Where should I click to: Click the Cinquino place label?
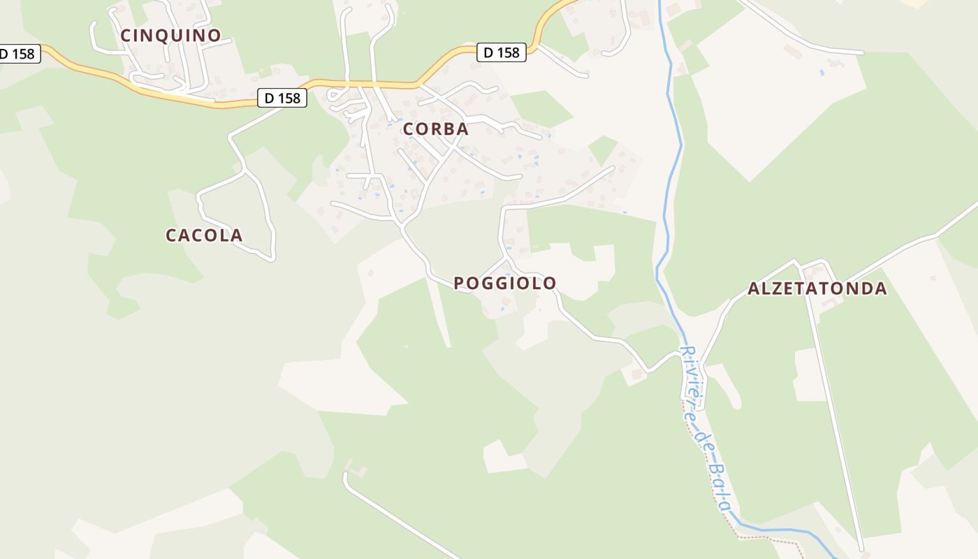[170, 35]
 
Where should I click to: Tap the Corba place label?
[435, 129]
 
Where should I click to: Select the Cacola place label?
[204, 235]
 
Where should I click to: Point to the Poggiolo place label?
[505, 283]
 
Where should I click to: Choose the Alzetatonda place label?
[817, 289]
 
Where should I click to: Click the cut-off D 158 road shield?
[17, 54]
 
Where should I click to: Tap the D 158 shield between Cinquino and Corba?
[283, 99]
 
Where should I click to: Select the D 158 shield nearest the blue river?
[501, 52]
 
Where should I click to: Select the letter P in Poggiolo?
[459, 283]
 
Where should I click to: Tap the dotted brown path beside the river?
[768, 538]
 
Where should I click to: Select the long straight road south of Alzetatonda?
[835, 419]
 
